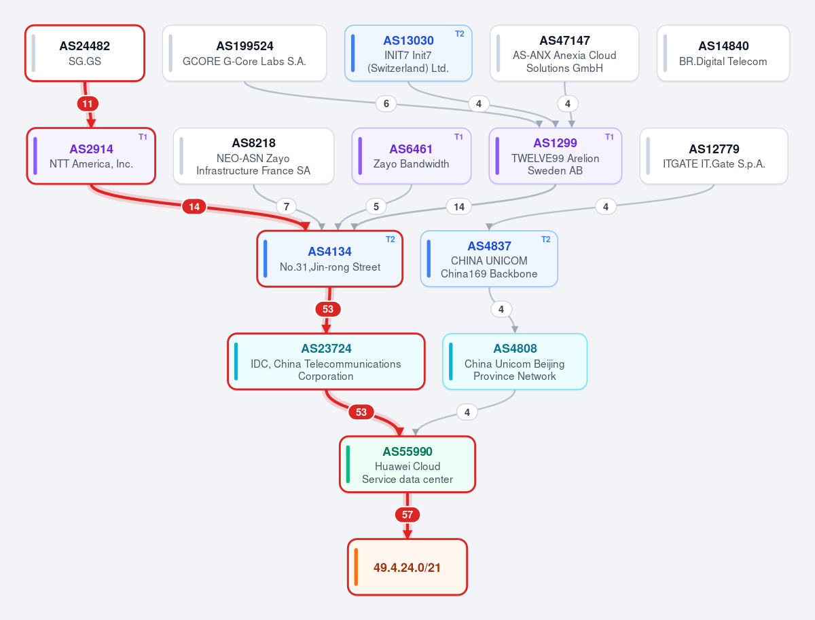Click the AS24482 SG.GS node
pos(85,53)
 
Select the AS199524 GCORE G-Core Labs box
pos(244,53)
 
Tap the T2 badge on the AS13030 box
pos(459,34)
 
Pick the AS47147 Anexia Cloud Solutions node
pos(564,53)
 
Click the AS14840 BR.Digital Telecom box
pos(723,53)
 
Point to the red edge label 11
pos(88,104)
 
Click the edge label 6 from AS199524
pos(386,104)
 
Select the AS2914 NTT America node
pos(91,156)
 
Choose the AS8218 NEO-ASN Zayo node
pos(253,156)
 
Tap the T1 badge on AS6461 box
pos(458,137)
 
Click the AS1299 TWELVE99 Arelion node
pos(555,156)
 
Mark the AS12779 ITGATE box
pos(714,156)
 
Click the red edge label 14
pos(194,206)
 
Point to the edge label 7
pos(287,206)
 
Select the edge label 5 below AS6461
pos(376,206)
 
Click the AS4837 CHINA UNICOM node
pos(489,258)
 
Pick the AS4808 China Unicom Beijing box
pos(515,362)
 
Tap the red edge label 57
pos(407,515)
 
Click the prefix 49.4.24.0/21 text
pos(407,567)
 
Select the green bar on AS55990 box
pos(348,464)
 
